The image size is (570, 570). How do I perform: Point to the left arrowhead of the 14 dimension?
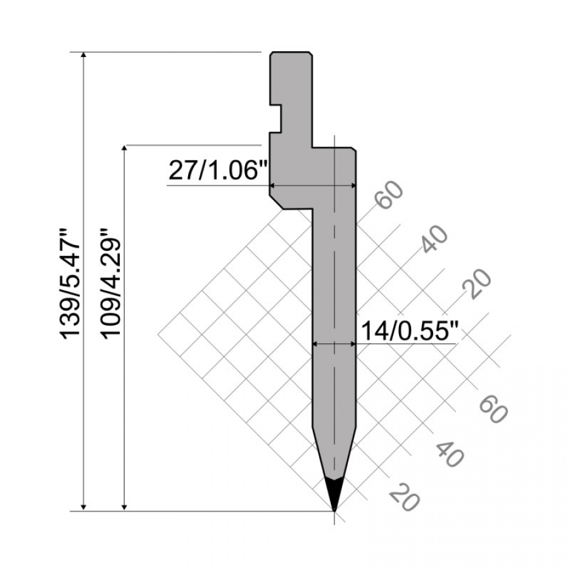[317, 344]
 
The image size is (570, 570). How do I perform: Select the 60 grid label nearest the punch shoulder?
[389, 194]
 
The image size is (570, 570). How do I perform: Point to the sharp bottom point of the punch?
[334, 509]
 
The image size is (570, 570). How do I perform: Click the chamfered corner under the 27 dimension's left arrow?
[276, 203]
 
